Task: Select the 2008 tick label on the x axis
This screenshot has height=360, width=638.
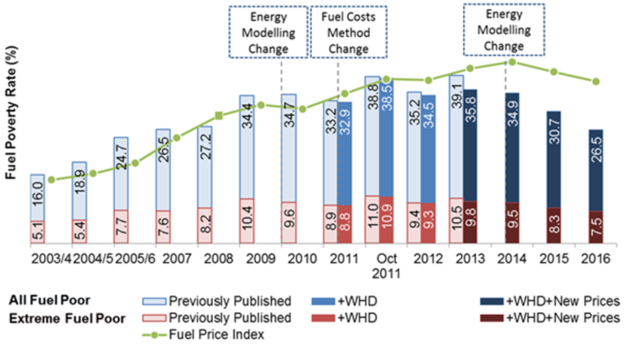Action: pos(218,259)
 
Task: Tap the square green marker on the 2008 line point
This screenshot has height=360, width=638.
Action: pos(219,116)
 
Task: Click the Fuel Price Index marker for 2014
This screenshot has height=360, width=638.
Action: pos(512,61)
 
